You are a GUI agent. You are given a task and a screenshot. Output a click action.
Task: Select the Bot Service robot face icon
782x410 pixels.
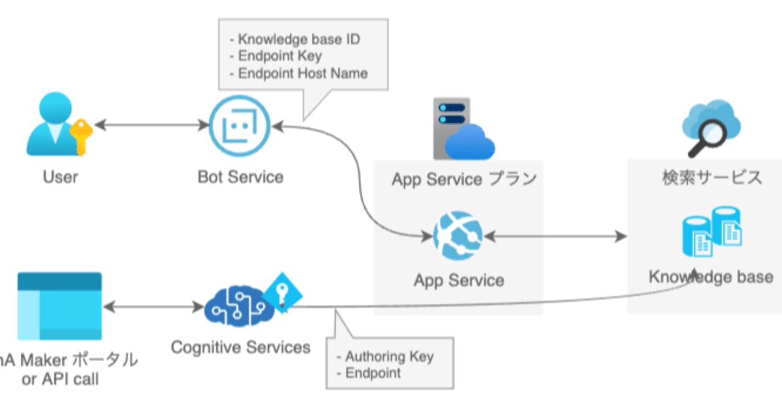(x=239, y=126)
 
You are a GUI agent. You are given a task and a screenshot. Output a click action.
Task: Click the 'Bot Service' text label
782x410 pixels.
(x=240, y=177)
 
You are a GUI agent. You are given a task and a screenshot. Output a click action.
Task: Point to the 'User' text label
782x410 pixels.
(x=60, y=177)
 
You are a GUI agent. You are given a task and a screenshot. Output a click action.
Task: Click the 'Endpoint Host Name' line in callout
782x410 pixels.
(x=302, y=73)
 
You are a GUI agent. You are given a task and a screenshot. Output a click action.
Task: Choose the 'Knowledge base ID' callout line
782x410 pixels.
(x=299, y=40)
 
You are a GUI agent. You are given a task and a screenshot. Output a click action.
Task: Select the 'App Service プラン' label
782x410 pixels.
(x=464, y=179)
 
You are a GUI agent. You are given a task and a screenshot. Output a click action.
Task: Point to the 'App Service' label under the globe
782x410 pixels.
(x=459, y=280)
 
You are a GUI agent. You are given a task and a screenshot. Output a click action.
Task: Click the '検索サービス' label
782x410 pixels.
(x=712, y=178)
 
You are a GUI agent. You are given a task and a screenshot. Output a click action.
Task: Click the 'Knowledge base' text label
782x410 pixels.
(x=711, y=277)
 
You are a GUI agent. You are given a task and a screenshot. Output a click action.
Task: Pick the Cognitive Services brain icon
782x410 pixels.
(x=235, y=306)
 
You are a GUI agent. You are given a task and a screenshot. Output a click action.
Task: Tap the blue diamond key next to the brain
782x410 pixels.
(x=283, y=294)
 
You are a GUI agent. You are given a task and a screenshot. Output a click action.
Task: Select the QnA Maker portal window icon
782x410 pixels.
(x=60, y=306)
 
